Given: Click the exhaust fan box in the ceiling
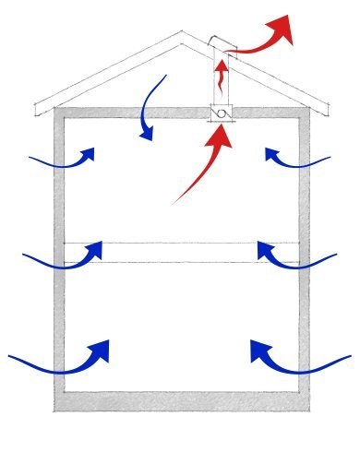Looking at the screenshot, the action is click(222, 113).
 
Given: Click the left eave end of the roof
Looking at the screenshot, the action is click(37, 109).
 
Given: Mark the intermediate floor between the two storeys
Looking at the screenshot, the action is click(181, 253).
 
